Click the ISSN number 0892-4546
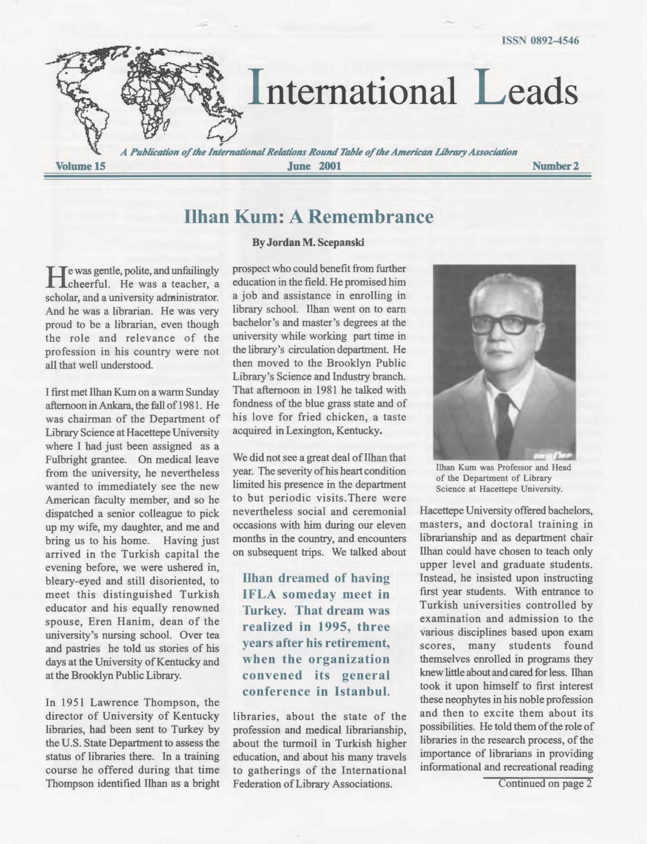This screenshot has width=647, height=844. coord(540,41)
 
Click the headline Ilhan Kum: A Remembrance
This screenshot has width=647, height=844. coord(309,217)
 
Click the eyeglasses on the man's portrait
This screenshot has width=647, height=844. coord(505,324)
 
